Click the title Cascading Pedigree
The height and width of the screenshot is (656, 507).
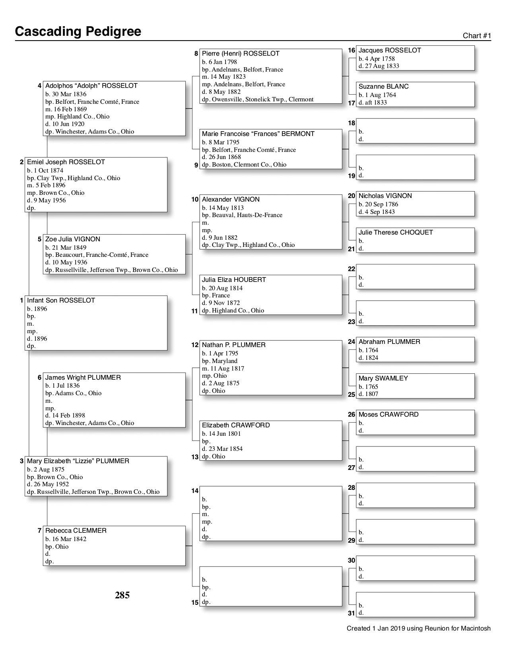pos(78,31)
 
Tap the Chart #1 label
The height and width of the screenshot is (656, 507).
pos(477,36)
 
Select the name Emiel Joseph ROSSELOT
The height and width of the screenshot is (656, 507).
pos(66,162)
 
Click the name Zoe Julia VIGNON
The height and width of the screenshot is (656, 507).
pos(73,239)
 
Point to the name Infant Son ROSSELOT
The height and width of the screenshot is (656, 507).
pos(61,301)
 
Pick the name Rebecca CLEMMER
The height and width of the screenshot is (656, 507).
pos(76,531)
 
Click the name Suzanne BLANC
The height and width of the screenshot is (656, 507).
pos(383,87)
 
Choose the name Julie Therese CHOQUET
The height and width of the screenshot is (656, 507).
pos(396,233)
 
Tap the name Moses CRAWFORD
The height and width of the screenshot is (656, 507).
pos(389,415)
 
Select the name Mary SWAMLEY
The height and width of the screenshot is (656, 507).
pos(383,378)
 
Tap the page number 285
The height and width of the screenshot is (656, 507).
pos(122,595)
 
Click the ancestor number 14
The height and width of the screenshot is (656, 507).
pos(195,491)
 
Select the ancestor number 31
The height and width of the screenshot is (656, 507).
pos(351,613)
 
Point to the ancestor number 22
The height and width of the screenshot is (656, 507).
pos(352,269)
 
